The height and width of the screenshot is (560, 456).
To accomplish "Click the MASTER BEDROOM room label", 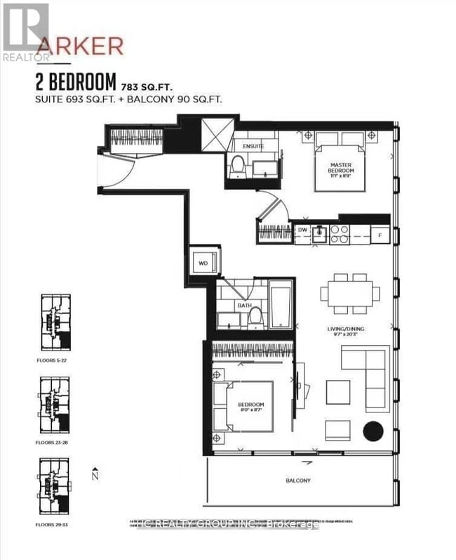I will click(x=342, y=168).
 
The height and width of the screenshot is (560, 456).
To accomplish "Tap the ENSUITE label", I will click(x=253, y=146).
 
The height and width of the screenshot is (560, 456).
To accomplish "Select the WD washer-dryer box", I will click(x=204, y=263).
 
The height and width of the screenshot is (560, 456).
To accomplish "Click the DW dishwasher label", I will click(x=302, y=230).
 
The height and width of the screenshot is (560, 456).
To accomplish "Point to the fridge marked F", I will click(x=380, y=235).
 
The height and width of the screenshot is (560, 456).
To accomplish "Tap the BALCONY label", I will click(x=297, y=481).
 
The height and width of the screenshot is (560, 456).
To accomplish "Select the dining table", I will click(x=351, y=293).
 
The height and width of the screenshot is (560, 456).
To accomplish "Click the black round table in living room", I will click(x=373, y=431).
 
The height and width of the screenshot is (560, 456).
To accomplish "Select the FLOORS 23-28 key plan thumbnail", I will click(x=54, y=400).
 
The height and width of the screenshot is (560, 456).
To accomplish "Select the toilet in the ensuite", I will click(x=237, y=167).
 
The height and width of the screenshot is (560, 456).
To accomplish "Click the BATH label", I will click(x=244, y=306).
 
